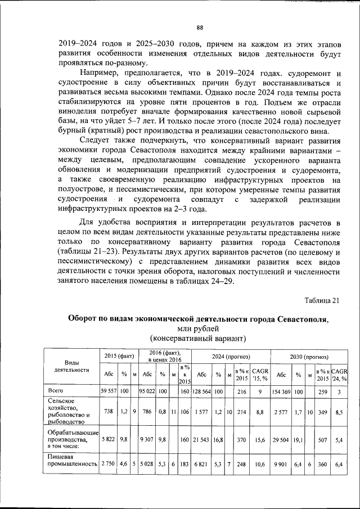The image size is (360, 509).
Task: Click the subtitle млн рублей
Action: (x=199, y=328)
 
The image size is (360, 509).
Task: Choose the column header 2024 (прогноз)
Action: (x=231, y=357)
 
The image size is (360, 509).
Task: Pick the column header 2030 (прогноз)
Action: (x=309, y=357)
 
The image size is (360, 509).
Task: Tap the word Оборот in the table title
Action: (x=85, y=318)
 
